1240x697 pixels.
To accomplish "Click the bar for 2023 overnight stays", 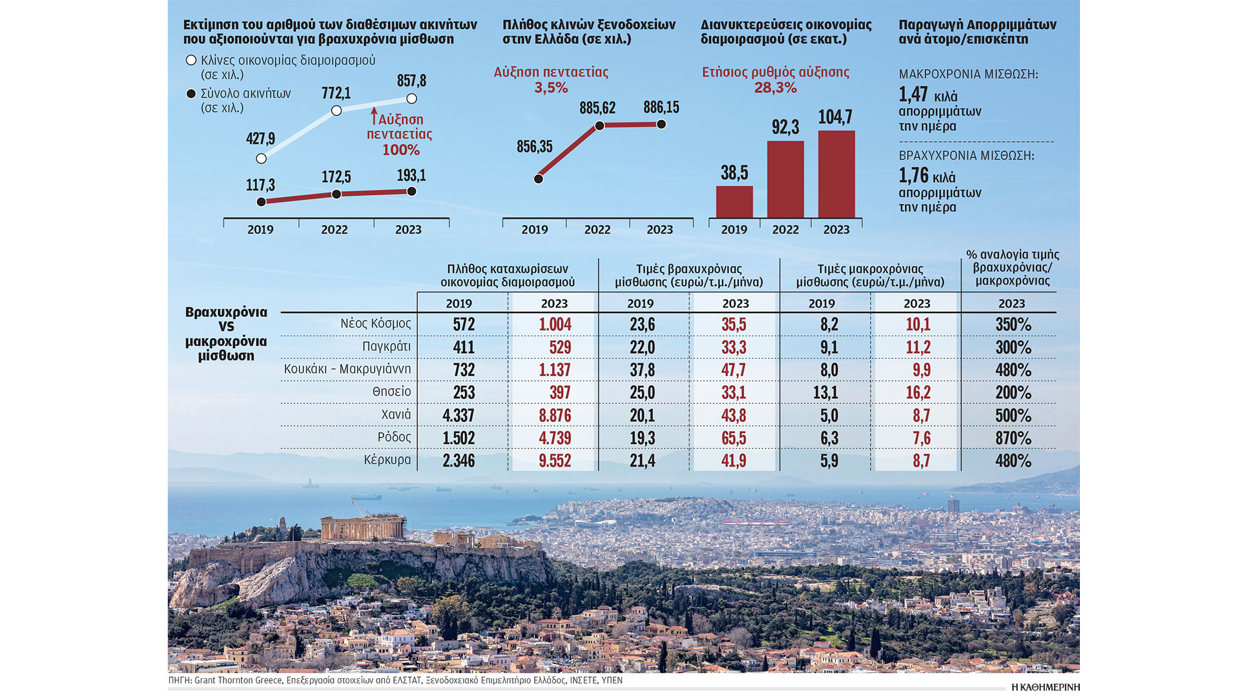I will point(836,174).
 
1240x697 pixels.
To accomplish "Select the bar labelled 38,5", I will point(734,201).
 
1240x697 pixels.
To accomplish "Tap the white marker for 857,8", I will point(411,99).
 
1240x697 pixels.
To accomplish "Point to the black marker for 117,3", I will point(261,202).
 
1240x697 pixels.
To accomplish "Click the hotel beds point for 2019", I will point(539,179).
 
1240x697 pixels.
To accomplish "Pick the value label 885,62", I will point(597,108).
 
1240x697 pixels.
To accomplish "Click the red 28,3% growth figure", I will point(775,88).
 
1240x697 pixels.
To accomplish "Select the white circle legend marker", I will point(191,60).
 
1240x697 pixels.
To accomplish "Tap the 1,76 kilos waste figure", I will point(913,176).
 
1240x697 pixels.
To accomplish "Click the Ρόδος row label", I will point(394,438).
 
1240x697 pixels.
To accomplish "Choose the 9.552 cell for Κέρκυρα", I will point(555,461).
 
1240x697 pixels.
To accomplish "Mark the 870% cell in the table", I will point(1013,438).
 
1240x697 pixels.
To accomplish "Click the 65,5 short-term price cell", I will point(734,438).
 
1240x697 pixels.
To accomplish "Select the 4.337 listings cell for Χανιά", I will point(458,416).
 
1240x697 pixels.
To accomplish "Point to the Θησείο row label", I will point(391,392).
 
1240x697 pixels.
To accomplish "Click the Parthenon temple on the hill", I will point(362,528).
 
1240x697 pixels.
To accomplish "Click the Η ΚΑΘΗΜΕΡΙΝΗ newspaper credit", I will point(1045,687).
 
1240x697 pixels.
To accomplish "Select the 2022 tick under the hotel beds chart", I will point(597,230).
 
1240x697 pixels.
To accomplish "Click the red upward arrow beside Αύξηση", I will point(374,116).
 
